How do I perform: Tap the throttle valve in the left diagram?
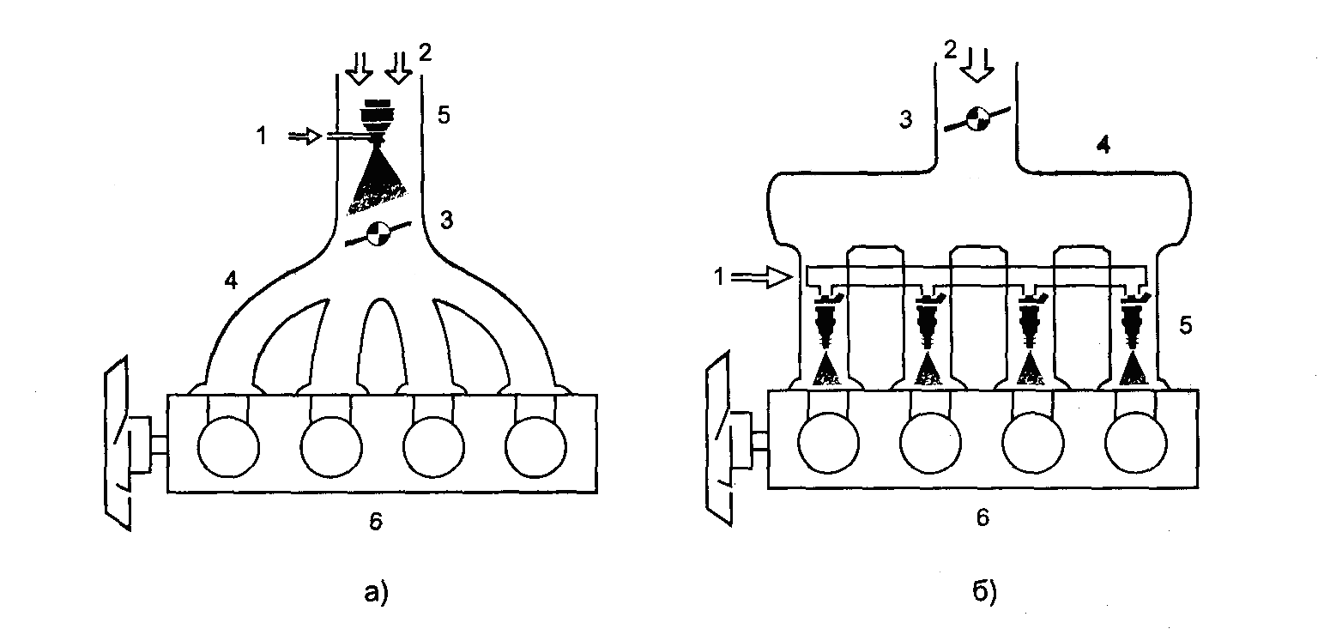click(378, 233)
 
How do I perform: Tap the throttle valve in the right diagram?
click(975, 118)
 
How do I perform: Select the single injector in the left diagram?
click(375, 115)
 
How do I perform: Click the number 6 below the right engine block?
click(983, 517)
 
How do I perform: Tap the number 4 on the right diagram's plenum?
click(1105, 147)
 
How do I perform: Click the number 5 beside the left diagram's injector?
click(444, 115)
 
